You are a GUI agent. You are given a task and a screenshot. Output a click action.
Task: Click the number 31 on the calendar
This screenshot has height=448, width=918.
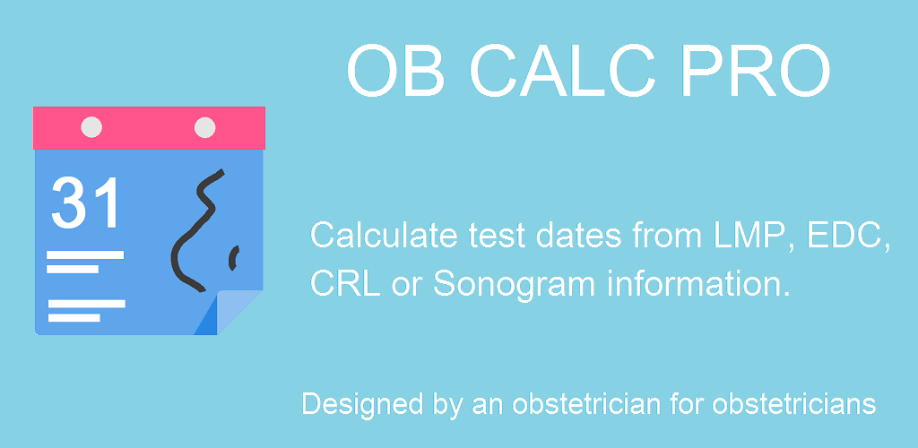point(85,202)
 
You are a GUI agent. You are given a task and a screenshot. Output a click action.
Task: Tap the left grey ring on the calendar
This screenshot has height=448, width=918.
point(91,127)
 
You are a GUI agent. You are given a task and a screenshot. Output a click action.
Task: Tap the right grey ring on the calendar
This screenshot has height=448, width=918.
point(205,127)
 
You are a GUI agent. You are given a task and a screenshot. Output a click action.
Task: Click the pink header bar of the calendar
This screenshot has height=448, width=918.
point(150,128)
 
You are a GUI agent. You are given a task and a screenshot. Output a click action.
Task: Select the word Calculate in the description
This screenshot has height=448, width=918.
point(384,236)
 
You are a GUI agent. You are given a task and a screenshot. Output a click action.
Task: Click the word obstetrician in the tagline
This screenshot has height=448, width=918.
point(609,404)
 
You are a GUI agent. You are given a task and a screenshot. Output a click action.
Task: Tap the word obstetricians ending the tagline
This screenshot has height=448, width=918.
point(794,404)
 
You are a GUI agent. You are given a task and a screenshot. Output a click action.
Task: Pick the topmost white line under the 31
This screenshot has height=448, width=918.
point(85,254)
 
